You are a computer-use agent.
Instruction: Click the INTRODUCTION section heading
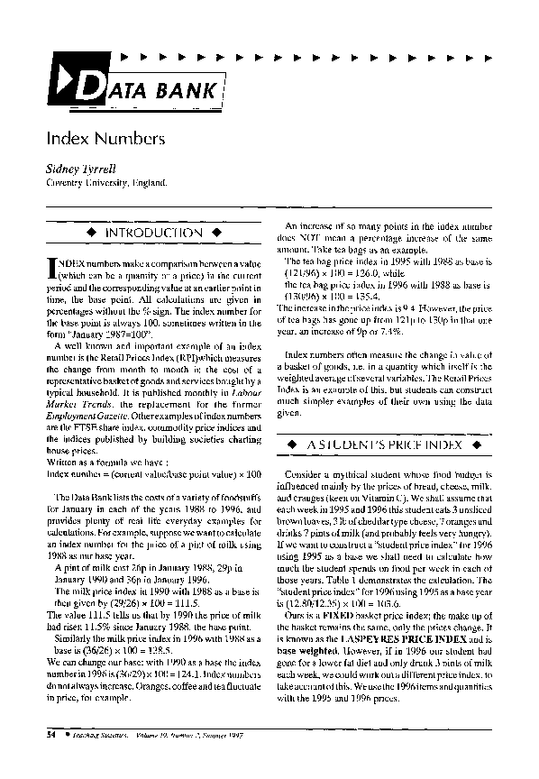point(153,233)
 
